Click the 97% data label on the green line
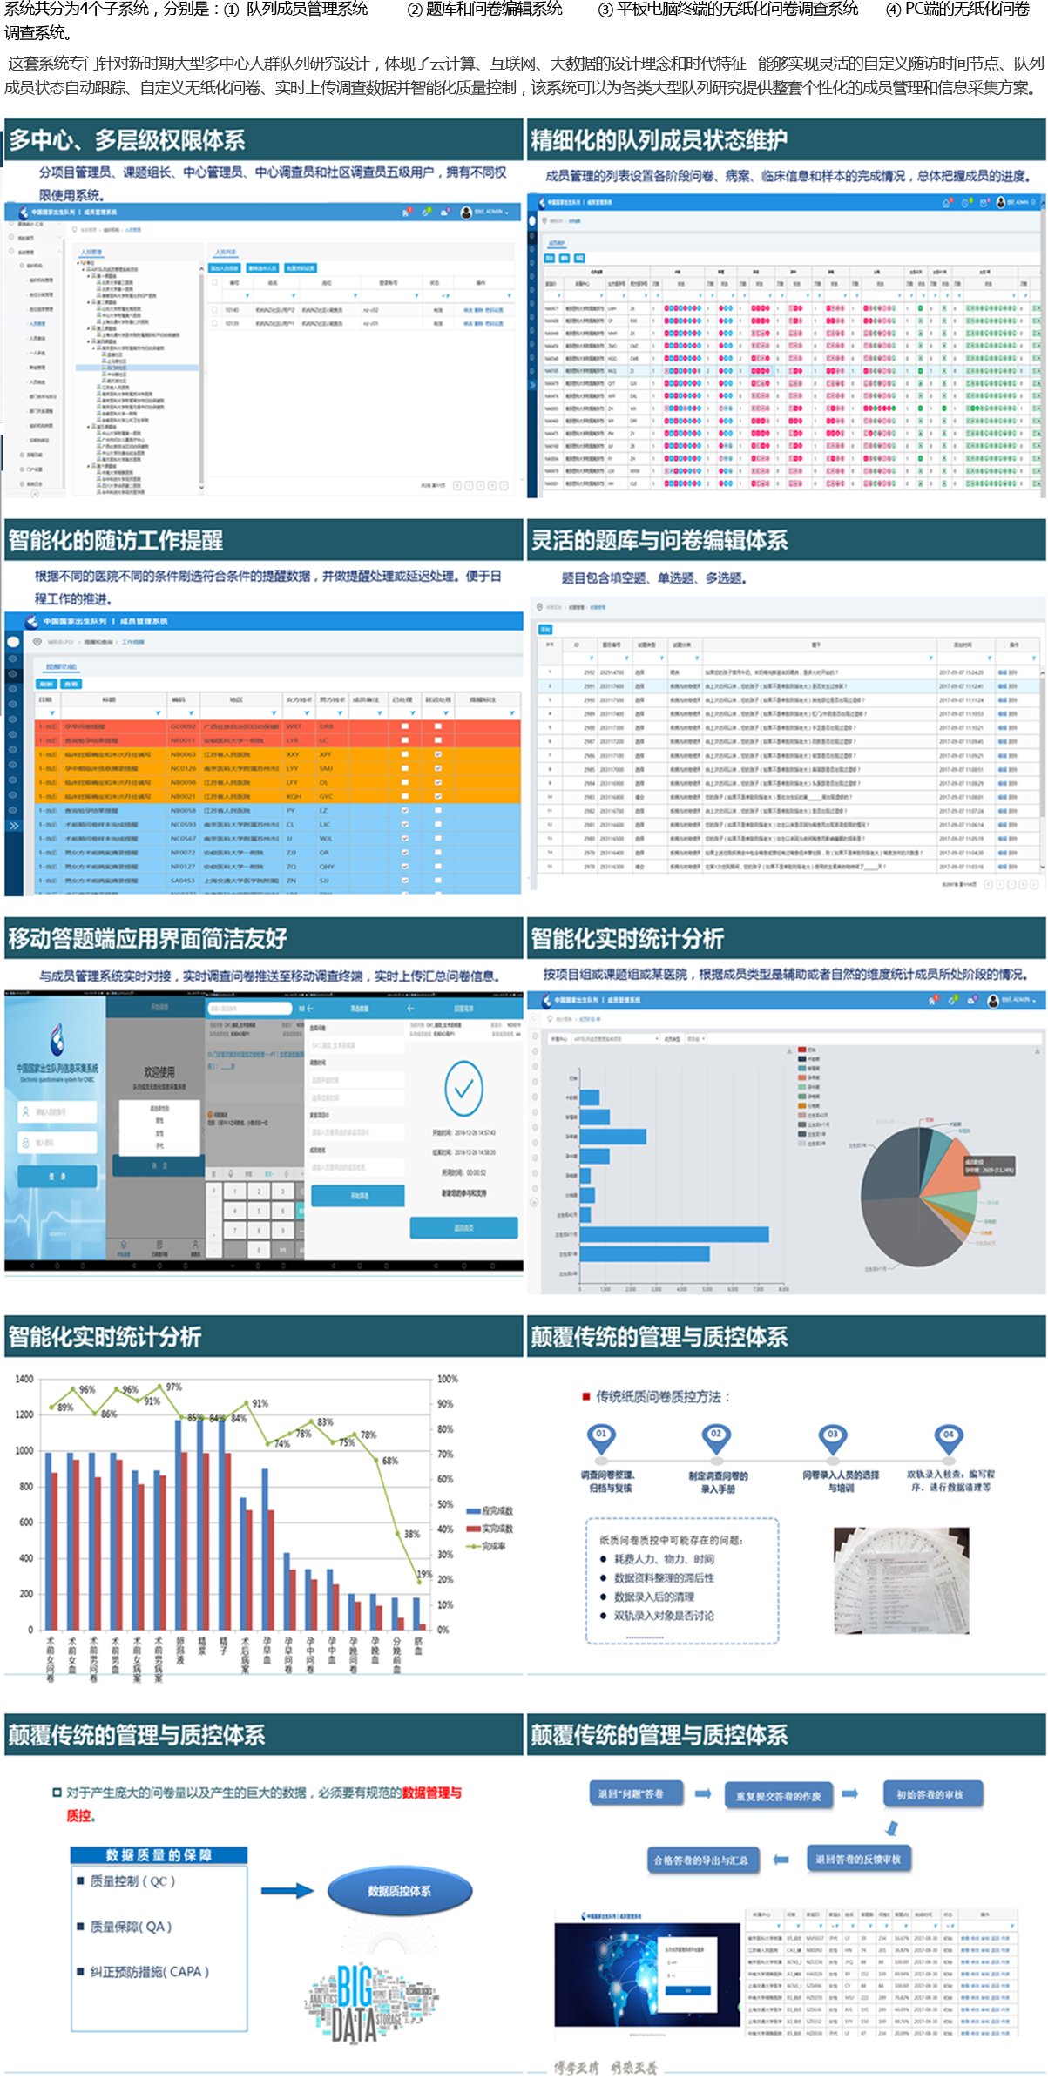tap(173, 1387)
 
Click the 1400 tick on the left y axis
tap(24, 1379)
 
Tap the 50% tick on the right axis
tap(445, 1504)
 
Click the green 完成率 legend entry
tap(488, 1546)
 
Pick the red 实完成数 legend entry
tap(490, 1529)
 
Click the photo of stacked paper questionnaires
tap(901, 1579)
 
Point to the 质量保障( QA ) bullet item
tap(131, 1927)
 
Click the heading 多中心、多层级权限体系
tap(127, 140)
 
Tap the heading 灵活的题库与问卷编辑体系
tap(659, 541)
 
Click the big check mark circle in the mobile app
tap(463, 1089)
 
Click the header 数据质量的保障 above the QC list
tap(159, 1854)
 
